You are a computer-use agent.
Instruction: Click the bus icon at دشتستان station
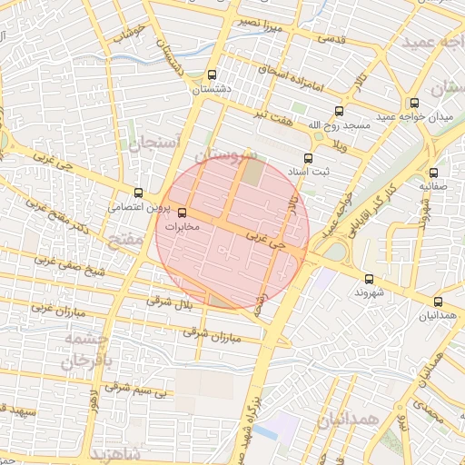pos(212,75)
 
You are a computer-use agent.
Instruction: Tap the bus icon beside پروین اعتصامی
pos(139,193)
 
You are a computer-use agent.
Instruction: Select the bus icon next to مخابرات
pos(183,213)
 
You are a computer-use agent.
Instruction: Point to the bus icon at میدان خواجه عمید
pos(414,103)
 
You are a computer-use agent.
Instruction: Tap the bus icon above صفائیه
pos(432,171)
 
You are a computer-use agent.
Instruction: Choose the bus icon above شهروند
pos(368,279)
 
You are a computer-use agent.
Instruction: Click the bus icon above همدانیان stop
pos(439,302)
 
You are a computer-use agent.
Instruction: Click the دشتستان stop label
pos(212,90)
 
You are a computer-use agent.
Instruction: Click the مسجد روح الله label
pos(340,124)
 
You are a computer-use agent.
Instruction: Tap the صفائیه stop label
pos(433,185)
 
